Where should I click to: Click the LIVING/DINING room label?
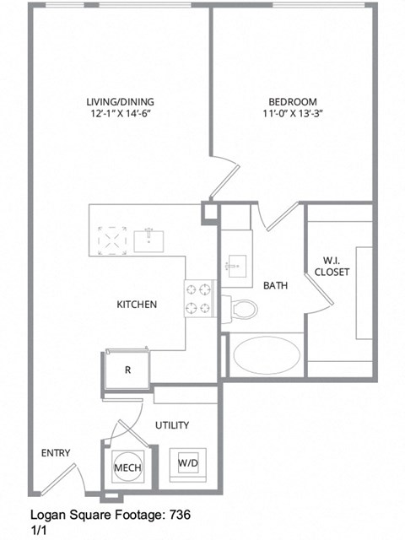[123, 103]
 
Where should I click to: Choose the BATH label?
[275, 286]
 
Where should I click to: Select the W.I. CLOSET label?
[331, 266]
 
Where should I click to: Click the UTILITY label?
[172, 425]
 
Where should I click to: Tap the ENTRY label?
[56, 454]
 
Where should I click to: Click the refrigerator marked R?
[127, 370]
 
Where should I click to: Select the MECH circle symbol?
[127, 467]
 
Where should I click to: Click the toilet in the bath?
[242, 309]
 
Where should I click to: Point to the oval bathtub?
[266, 356]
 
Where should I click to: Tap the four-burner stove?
[200, 299]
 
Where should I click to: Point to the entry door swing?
[61, 481]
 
